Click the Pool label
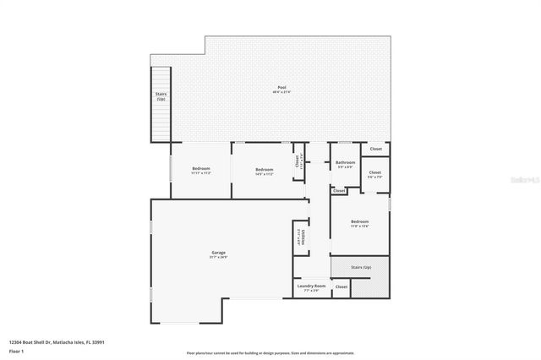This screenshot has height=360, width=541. click(x=281, y=88)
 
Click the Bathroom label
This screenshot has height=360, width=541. click(x=345, y=162)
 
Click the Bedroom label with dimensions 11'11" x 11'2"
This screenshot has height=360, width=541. click(x=200, y=168)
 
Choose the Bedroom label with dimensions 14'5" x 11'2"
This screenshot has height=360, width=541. click(x=265, y=168)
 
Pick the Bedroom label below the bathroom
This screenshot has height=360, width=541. click(x=360, y=221)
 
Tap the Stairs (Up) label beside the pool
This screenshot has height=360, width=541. click(x=161, y=96)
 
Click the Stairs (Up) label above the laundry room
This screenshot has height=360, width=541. click(x=361, y=267)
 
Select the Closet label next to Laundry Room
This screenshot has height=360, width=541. click(x=342, y=286)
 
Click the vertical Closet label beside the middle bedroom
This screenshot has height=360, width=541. click(x=297, y=161)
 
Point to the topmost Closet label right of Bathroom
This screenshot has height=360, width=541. click(x=375, y=149)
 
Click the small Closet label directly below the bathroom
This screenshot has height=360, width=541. click(x=339, y=191)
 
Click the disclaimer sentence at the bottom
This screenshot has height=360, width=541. click(x=270, y=352)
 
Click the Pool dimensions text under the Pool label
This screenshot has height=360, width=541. click(x=281, y=92)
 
